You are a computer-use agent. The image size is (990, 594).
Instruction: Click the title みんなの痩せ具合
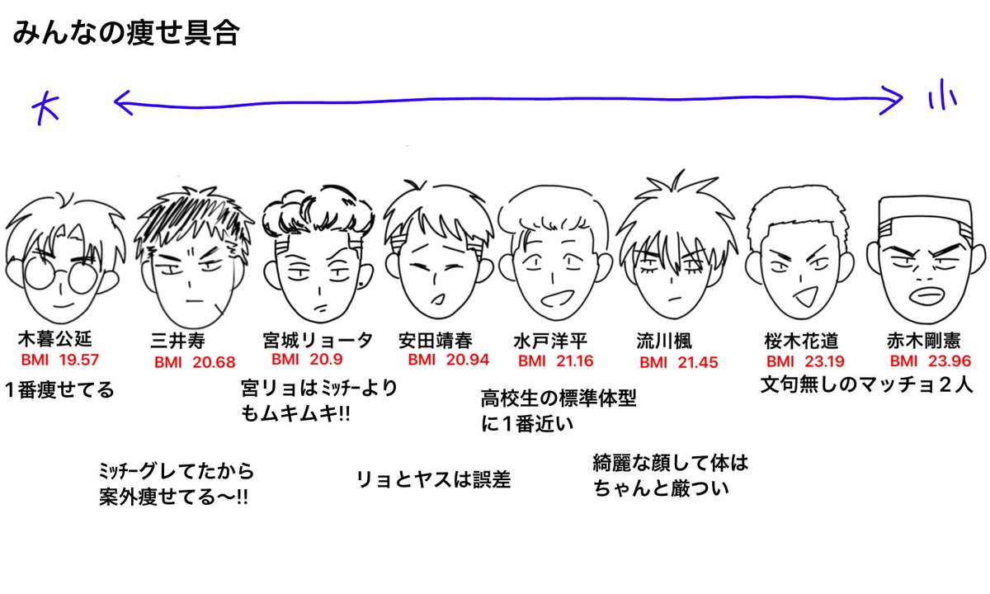(x=125, y=35)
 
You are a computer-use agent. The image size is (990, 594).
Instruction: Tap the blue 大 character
(x=47, y=106)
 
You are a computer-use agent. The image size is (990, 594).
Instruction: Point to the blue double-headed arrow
(x=507, y=102)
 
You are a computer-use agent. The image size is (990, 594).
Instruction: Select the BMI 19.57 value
(x=60, y=360)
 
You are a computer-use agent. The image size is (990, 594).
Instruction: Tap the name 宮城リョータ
(x=317, y=340)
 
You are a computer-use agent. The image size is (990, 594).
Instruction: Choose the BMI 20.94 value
(x=448, y=360)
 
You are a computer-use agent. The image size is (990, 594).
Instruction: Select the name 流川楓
(x=664, y=341)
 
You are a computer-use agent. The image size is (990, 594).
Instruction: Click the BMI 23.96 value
(x=931, y=361)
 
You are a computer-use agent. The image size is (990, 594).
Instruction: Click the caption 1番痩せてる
(x=59, y=389)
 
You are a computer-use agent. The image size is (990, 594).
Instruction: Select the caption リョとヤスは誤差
(x=433, y=479)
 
